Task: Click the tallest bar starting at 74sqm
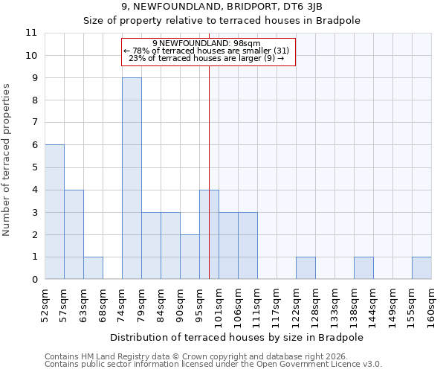[x=132, y=179]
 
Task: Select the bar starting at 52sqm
[x=54, y=212]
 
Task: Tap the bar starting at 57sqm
[x=74, y=234]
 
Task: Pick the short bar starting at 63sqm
[x=93, y=268]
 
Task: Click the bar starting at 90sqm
[x=190, y=257]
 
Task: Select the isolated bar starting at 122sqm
[x=306, y=268]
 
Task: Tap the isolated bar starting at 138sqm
[x=363, y=268]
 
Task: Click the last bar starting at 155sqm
[x=421, y=268]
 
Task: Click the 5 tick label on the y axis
[x=33, y=167]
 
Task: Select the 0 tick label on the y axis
[x=33, y=280]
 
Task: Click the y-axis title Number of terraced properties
[x=7, y=160]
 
